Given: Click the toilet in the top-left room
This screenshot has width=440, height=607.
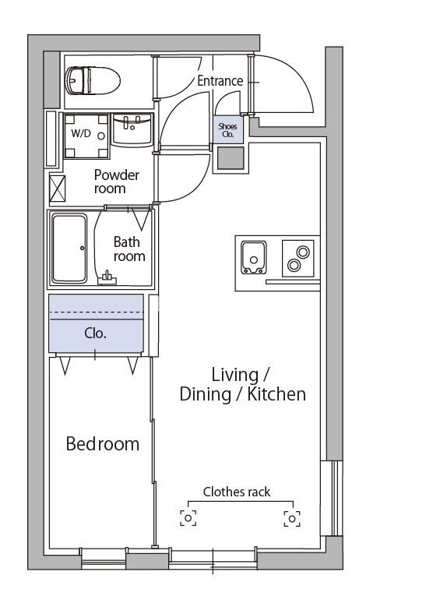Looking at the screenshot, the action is (93, 80).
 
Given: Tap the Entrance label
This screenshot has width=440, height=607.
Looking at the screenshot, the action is (220, 80).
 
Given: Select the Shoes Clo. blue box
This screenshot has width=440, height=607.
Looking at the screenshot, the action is (228, 130).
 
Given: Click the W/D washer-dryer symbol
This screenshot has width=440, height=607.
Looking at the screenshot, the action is (86, 136).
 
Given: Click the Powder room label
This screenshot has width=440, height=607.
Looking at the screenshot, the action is (116, 182).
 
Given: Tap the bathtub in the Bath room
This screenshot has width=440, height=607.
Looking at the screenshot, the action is (69, 249).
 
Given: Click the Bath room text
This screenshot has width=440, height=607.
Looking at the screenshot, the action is (129, 249).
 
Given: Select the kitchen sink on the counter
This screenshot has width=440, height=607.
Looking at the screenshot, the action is (253, 257).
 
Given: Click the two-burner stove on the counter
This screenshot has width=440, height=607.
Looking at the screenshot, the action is (298, 258).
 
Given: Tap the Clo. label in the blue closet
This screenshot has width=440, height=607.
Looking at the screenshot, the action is (95, 333).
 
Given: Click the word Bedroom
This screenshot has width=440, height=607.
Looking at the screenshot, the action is (103, 443).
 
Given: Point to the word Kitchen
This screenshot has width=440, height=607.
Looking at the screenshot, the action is (276, 394).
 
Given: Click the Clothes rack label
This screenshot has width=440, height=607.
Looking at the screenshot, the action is (237, 492).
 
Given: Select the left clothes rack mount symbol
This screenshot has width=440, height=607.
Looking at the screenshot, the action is (188, 518).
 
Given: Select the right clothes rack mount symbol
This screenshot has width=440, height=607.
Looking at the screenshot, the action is (292, 519).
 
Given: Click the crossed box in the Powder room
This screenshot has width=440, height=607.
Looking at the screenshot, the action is (58, 189).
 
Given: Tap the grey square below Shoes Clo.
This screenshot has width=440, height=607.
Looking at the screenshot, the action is (231, 158).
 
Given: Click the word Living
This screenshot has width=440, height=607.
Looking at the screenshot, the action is (235, 375).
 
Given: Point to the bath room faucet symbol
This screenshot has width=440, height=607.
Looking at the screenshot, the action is (107, 278).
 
